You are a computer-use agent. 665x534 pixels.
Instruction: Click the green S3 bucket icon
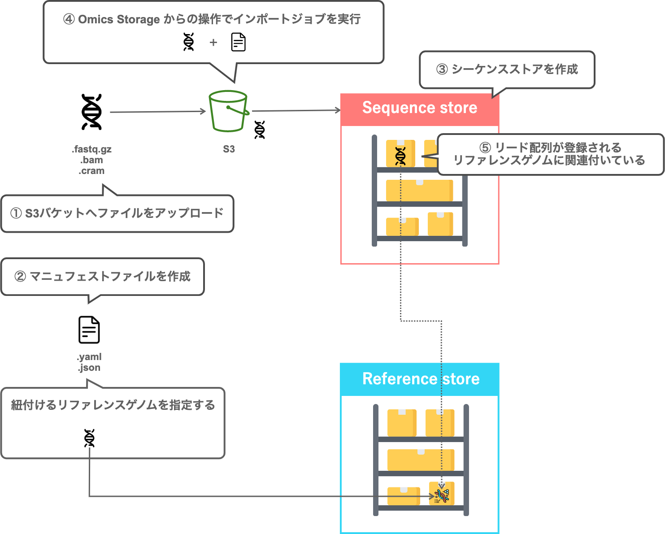pos(228,111)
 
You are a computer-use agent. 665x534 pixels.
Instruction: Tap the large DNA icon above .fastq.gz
pos(92,112)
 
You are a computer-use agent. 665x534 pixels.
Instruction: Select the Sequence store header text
pos(420,108)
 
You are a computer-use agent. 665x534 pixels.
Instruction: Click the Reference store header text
pos(421,379)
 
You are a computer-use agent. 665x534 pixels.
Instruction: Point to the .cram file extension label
pos(92,171)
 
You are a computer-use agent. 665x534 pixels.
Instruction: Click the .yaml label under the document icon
pos(89,357)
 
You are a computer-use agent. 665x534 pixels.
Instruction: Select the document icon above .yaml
pos(89,330)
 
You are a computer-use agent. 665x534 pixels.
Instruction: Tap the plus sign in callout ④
pos(213,43)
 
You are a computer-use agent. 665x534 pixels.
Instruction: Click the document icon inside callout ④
pos(238,42)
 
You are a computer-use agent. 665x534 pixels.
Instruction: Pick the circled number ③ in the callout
pos(442,69)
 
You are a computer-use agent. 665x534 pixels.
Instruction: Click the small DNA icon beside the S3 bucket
pos(260,130)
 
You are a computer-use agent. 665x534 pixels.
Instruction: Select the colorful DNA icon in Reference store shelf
pos(442,495)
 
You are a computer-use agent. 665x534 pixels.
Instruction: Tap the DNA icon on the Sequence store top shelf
pos(400,156)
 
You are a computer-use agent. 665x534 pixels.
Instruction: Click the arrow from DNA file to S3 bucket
pos(157,112)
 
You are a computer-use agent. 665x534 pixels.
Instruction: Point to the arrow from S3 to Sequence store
pos(296,110)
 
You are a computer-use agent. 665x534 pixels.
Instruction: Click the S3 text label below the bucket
pos(229,149)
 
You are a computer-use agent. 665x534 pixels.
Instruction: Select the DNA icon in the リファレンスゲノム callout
pos(90,438)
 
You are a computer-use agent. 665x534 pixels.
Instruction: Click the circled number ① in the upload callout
pos(16,213)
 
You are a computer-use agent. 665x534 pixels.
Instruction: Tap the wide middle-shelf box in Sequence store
pos(419,191)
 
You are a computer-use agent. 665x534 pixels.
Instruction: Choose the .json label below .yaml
pos(89,368)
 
